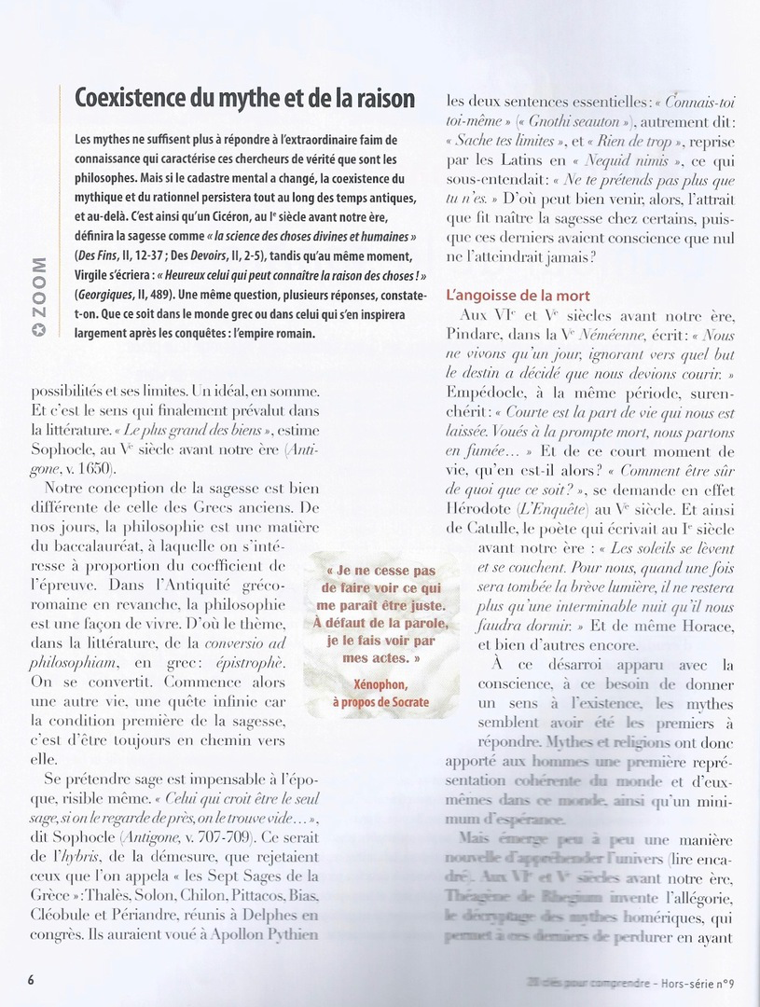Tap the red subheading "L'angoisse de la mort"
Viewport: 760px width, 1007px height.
pos(519,296)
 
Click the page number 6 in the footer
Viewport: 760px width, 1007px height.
pos(30,979)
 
